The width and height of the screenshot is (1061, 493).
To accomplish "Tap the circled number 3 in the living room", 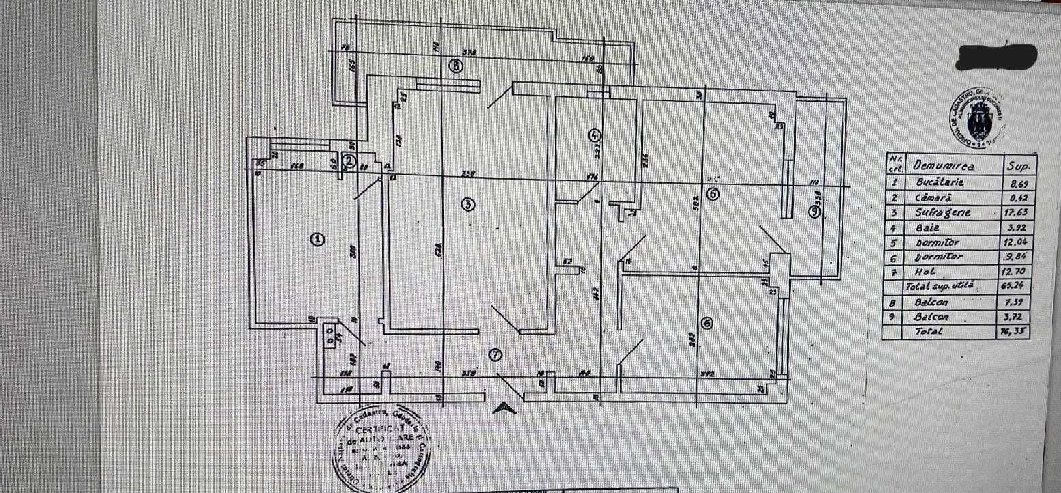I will click(x=467, y=204).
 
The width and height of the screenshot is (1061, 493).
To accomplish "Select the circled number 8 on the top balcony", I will click(x=456, y=66).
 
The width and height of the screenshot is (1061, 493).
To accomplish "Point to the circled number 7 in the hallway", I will click(x=496, y=354).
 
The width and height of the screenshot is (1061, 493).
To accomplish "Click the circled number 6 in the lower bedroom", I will click(x=708, y=324).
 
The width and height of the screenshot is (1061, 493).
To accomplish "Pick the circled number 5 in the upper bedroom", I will click(x=713, y=194).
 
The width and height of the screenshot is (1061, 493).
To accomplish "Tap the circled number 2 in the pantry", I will click(x=349, y=161).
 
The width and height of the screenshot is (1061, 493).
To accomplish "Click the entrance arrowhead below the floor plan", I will click(x=504, y=408).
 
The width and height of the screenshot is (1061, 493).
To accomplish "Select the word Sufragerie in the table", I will click(x=942, y=212).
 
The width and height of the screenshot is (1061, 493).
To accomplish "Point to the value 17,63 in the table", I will click(x=1016, y=213).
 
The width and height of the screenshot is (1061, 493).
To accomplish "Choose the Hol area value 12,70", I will click(x=1016, y=272).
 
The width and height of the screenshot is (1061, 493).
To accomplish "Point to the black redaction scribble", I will click(x=997, y=57).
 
